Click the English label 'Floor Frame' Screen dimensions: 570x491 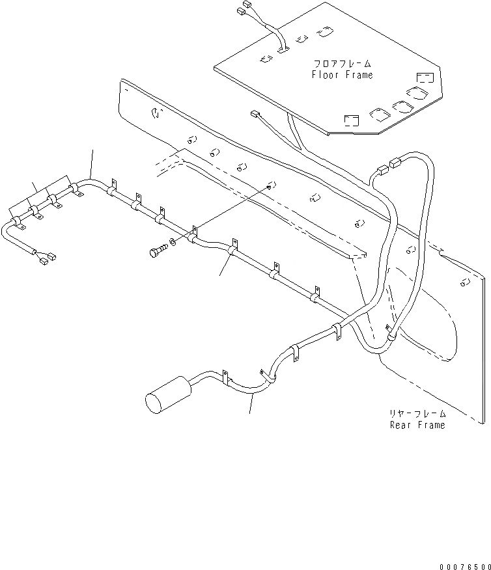point(342,75)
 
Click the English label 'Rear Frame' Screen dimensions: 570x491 point(417,425)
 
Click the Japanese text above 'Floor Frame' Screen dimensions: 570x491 point(342,64)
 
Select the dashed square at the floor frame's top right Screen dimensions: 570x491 point(424,78)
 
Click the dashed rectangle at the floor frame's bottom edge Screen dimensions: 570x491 point(351,120)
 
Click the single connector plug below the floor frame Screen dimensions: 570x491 point(255,115)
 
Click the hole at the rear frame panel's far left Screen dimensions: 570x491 point(155,113)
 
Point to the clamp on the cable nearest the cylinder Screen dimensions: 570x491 point(225,380)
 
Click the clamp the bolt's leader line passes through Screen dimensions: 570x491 point(193,235)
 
